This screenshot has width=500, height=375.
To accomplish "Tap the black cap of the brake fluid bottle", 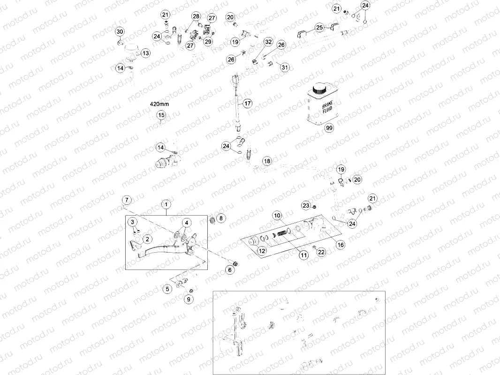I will [x=320, y=88].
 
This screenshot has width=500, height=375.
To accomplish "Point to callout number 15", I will [x=161, y=115].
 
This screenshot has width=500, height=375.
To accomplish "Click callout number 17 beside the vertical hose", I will [x=247, y=103].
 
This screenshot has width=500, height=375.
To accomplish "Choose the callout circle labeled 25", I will [x=319, y=28].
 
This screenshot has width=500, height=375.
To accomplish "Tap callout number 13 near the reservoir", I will [x=145, y=53].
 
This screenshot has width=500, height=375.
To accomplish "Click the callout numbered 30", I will [x=120, y=32].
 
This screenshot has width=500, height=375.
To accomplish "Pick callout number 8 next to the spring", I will [x=221, y=218].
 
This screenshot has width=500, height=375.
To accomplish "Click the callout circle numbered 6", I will [x=230, y=270].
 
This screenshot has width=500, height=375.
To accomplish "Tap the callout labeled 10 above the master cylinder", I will [x=277, y=215].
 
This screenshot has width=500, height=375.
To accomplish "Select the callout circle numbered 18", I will [x=266, y=161].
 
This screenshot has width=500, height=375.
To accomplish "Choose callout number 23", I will [x=306, y=206].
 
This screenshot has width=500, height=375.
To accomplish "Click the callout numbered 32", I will [x=268, y=42].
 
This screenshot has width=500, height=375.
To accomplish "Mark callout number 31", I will [x=285, y=67].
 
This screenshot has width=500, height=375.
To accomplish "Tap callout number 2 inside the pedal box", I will [x=147, y=239].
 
